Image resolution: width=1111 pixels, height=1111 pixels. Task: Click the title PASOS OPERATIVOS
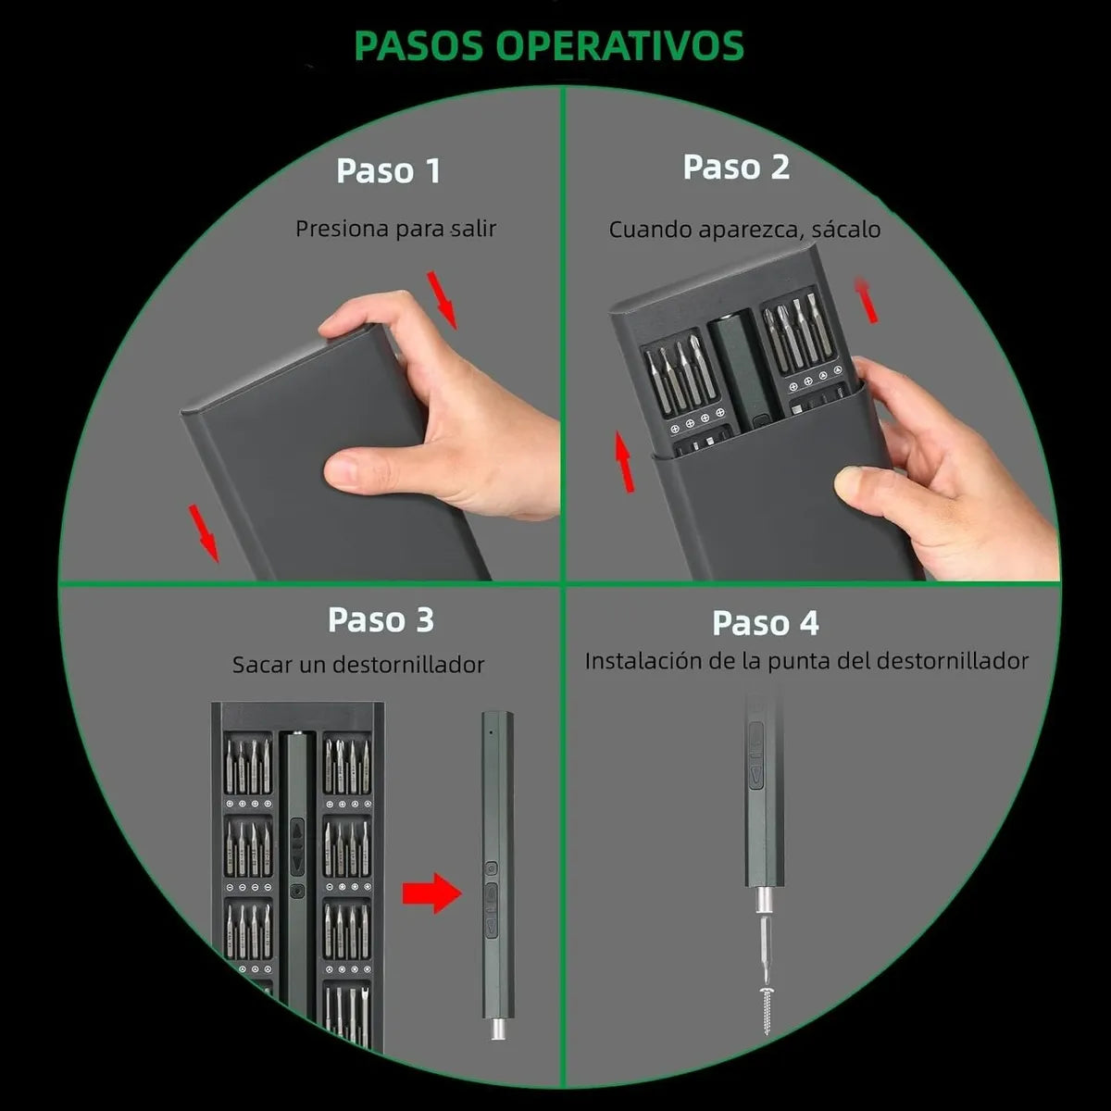point(549,45)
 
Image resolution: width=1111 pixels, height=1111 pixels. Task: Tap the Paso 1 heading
point(388,170)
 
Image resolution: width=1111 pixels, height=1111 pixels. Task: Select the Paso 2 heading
point(736,168)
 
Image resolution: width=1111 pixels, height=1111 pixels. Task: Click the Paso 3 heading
point(381,620)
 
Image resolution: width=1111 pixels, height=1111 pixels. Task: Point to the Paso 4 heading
point(765,623)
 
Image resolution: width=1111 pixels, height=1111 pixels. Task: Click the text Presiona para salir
point(395,229)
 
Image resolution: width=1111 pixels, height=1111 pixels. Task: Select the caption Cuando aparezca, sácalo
point(744,230)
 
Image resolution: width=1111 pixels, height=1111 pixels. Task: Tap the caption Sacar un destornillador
point(358,665)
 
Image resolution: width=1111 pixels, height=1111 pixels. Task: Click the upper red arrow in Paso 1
point(443,299)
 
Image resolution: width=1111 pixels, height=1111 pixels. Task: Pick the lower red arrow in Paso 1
point(204,532)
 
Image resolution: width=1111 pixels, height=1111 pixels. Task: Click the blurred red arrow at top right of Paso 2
point(867,300)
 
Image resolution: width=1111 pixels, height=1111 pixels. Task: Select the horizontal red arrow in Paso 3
point(431,893)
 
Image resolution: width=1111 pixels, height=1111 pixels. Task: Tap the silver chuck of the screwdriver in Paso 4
point(763,900)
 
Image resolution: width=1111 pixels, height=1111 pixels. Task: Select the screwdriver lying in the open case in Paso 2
point(738,370)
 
